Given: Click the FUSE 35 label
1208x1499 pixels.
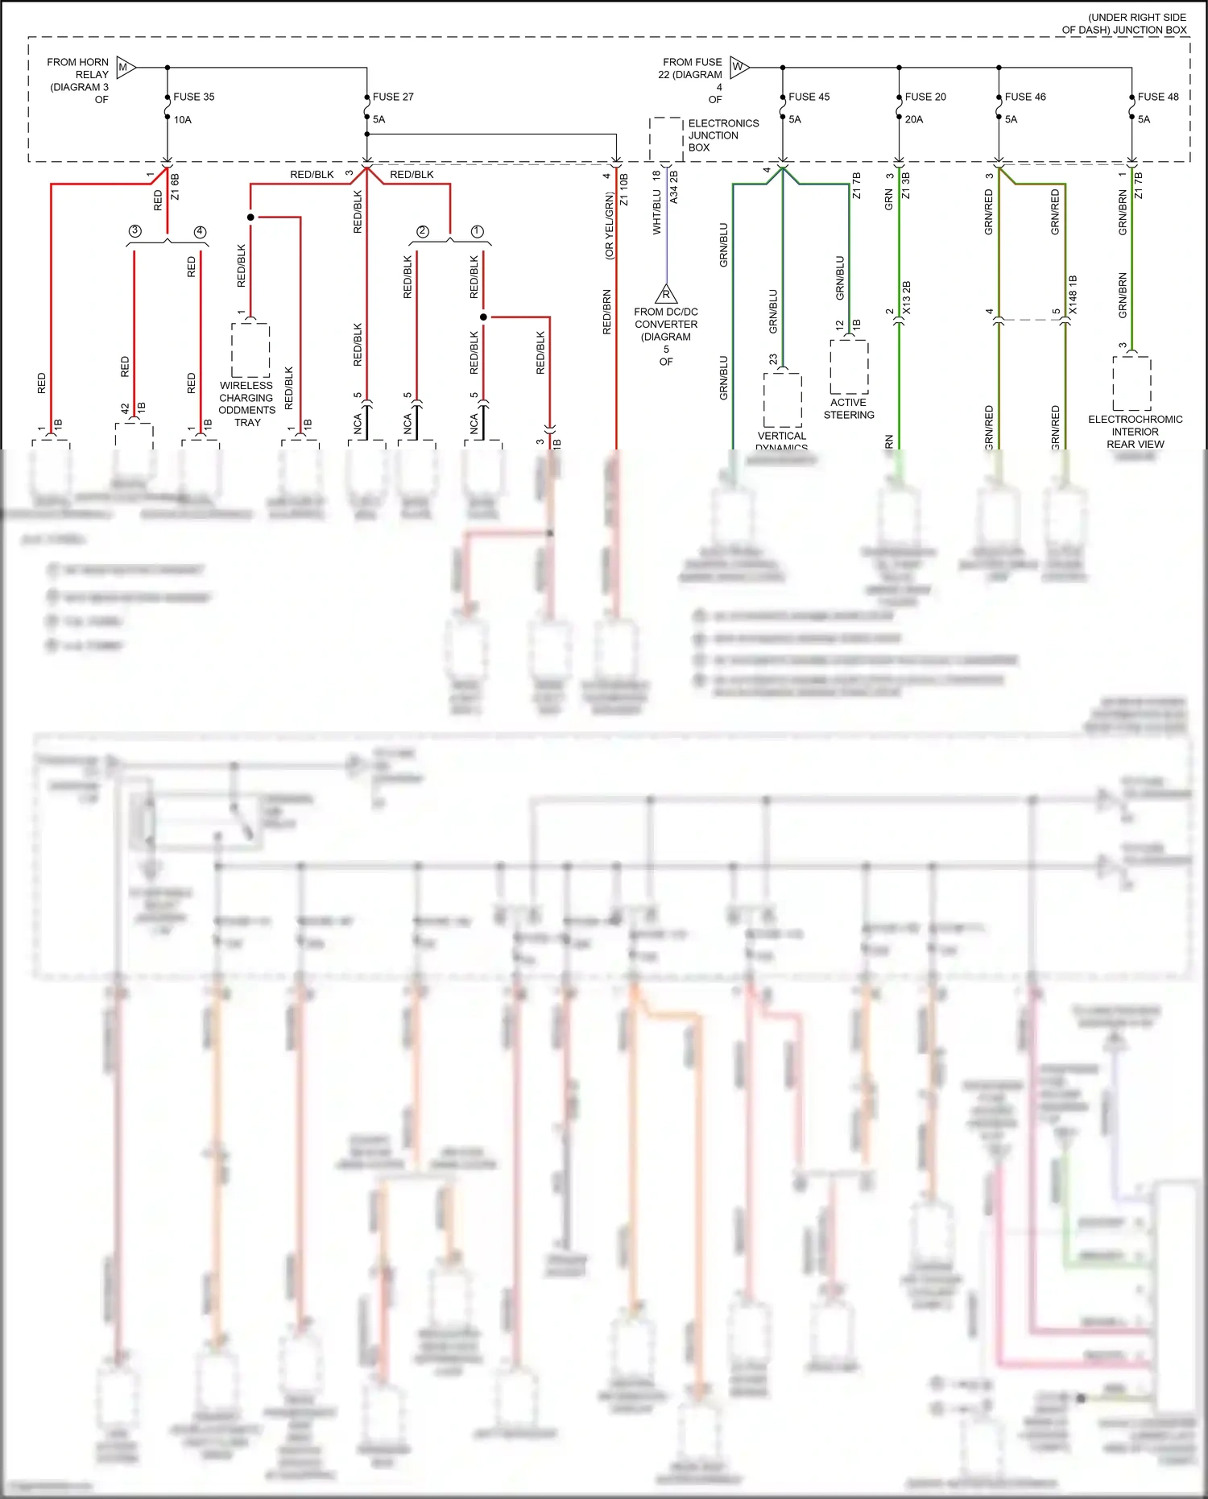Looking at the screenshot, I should [193, 97].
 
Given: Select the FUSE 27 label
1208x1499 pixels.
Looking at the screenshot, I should [393, 97].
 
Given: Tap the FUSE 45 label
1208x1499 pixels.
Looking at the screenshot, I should [809, 97].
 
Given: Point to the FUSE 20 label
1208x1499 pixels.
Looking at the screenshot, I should [925, 97].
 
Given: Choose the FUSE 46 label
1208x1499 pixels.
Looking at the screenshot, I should [1025, 97].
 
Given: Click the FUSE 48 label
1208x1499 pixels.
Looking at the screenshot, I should [1158, 97].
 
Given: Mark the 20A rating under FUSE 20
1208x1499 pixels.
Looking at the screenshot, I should [914, 119].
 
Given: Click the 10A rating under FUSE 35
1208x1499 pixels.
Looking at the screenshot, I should [183, 120].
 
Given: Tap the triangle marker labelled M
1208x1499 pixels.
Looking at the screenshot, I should [125, 68].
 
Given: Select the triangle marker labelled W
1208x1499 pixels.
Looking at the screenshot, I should [738, 67].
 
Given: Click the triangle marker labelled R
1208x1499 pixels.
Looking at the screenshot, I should [666, 294].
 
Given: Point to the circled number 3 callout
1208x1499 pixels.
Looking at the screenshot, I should [134, 231].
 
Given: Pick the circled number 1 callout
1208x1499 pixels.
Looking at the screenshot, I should [477, 231].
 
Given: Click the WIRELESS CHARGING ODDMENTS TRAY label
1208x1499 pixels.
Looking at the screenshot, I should [246, 404].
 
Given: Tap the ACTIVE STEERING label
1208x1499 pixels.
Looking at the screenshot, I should [849, 408].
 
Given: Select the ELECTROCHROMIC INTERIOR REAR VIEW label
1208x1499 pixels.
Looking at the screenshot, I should [1136, 432].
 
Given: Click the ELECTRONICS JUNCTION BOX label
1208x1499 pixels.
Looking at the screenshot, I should [722, 135].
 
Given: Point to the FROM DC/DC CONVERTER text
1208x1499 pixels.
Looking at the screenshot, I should [666, 318].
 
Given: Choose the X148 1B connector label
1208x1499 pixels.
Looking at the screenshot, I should [1073, 294].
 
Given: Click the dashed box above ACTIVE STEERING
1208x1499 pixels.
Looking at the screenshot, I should [849, 366].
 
